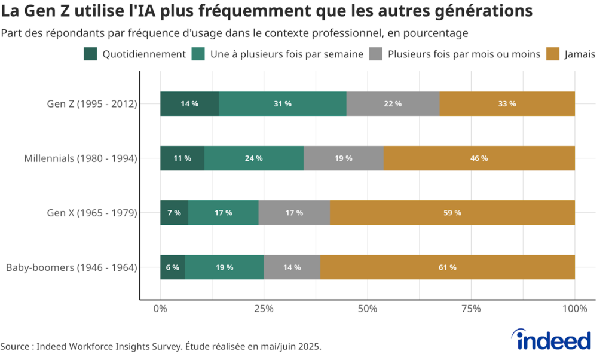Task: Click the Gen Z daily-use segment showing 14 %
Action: coord(189,104)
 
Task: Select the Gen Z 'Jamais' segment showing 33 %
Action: coord(507,104)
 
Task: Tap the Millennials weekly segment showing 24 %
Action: coord(254,158)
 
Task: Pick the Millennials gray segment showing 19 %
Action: coord(343,158)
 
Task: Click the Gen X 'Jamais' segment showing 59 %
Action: coord(452,213)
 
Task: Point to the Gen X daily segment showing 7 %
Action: coord(175,213)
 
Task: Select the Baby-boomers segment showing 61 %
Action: coord(447,267)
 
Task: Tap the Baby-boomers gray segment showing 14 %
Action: coord(292,267)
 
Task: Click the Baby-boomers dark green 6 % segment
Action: coord(173,267)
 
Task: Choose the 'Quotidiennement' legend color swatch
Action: coord(90,54)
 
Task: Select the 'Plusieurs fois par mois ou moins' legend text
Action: coord(464,54)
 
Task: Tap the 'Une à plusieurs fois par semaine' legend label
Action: coord(286,54)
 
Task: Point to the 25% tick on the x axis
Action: coord(264,309)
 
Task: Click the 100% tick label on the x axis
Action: coord(574,309)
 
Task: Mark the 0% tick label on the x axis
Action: coord(160,309)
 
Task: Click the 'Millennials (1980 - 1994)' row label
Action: coord(81,158)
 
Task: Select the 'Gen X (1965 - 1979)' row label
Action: coord(92,213)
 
